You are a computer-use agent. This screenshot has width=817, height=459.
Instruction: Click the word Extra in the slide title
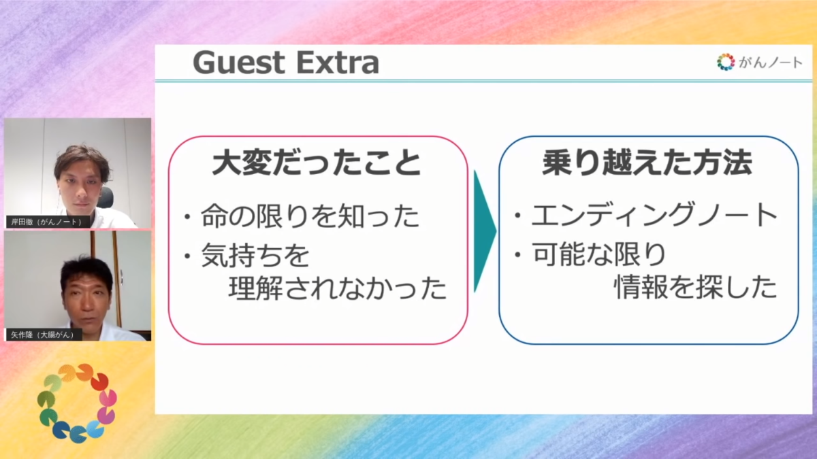tap(338, 63)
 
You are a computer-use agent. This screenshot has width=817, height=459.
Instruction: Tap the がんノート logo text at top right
tap(771, 63)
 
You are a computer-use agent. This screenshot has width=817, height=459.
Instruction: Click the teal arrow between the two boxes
tap(485, 231)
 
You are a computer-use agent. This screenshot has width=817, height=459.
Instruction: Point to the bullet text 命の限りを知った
tap(310, 216)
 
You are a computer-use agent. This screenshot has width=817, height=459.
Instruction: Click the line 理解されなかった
tap(338, 288)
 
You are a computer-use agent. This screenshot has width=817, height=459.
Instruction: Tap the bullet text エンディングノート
tap(655, 215)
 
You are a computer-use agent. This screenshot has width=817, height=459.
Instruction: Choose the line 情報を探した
tap(696, 287)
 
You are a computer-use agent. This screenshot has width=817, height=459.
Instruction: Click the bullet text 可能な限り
tap(599, 254)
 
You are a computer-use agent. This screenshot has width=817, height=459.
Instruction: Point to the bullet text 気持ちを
tap(255, 254)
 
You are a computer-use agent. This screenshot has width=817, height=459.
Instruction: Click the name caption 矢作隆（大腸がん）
tap(44, 335)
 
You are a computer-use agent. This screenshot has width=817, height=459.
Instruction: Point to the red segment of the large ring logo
tap(99, 381)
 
